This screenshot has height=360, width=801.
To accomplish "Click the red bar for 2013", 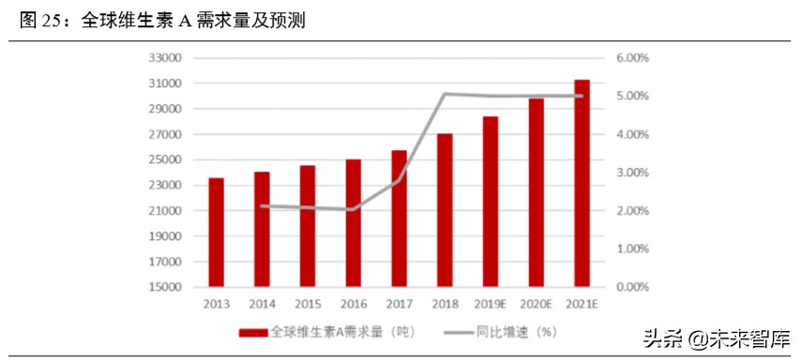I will click(x=216, y=232).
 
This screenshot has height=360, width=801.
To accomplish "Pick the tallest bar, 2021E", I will click(x=582, y=183).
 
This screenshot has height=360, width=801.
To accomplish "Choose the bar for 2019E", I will click(x=491, y=201).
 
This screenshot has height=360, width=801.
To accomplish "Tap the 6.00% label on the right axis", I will click(x=632, y=58).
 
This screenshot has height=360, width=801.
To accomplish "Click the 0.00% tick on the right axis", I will click(x=632, y=287).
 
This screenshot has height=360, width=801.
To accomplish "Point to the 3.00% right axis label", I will click(x=632, y=172).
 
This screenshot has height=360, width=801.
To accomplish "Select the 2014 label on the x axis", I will click(x=262, y=304).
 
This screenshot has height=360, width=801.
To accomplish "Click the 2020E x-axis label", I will click(x=537, y=304).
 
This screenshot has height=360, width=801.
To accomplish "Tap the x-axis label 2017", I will click(x=400, y=304).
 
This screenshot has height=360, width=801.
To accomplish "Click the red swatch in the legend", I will click(x=253, y=332).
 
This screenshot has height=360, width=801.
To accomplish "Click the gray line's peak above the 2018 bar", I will click(x=445, y=94).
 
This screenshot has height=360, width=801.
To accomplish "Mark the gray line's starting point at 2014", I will click(x=262, y=205).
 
